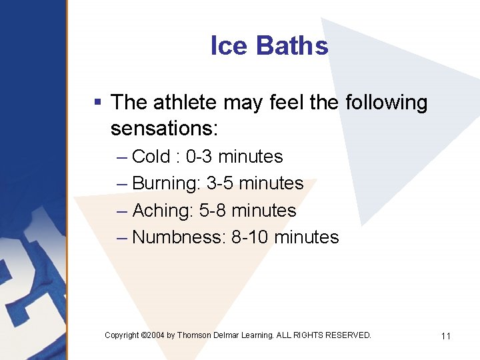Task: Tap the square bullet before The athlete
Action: pyautogui.click(x=97, y=103)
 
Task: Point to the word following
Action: pyautogui.click(x=386, y=103)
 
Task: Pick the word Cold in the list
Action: pyautogui.click(x=151, y=157)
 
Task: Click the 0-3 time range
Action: pyautogui.click(x=199, y=157)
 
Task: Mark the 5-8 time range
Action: pyautogui.click(x=213, y=211)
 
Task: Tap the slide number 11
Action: pyautogui.click(x=446, y=336)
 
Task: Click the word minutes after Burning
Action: pyautogui.click(x=271, y=183)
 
